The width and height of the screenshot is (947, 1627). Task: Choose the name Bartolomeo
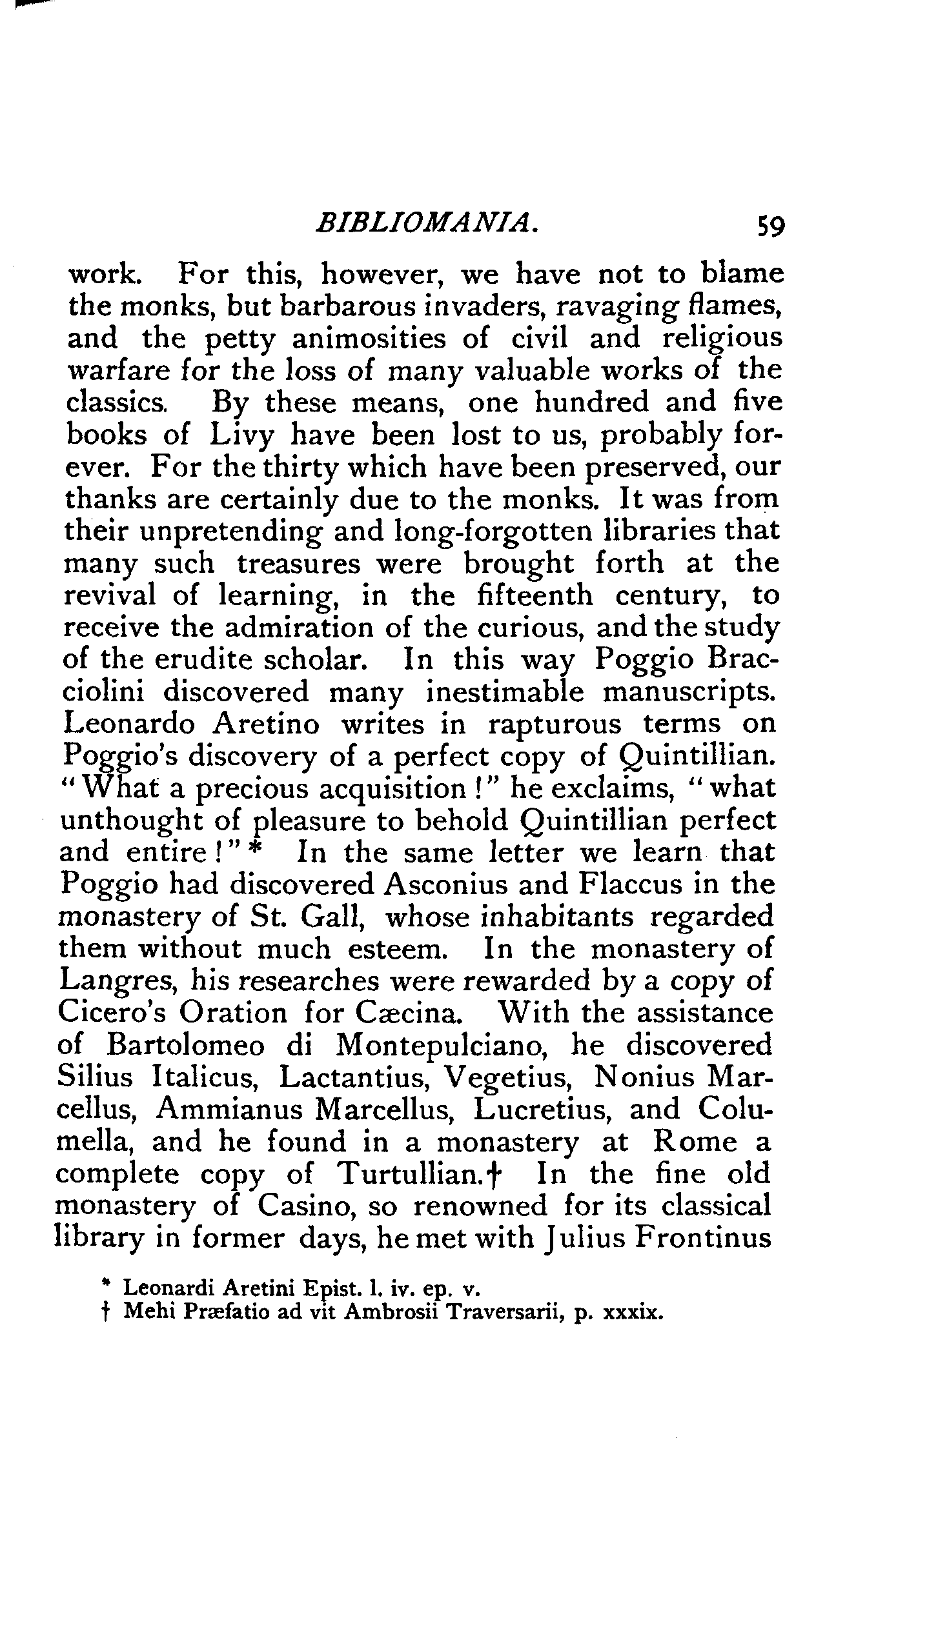tap(186, 1044)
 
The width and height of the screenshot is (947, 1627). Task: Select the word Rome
tap(694, 1141)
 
